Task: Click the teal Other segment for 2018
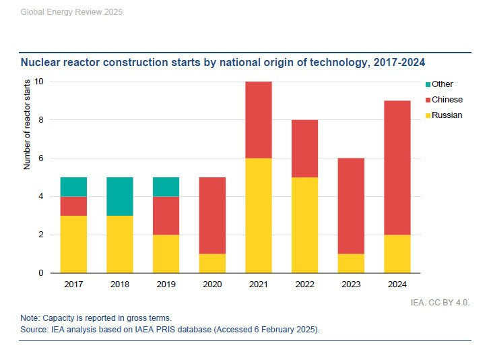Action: point(120,196)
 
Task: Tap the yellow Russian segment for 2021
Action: point(259,215)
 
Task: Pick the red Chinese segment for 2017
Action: point(73,206)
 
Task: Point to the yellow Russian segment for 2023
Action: point(350,263)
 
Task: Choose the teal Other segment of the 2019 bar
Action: point(166,187)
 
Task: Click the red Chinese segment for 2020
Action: point(212,215)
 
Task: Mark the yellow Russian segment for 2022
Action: point(304,224)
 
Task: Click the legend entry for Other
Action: point(442,84)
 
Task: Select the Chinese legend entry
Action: point(446,100)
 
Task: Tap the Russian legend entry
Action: point(446,115)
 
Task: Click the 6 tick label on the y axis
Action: point(41,158)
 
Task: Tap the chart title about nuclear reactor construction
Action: point(224,62)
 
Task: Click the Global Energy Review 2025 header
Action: point(62,12)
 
